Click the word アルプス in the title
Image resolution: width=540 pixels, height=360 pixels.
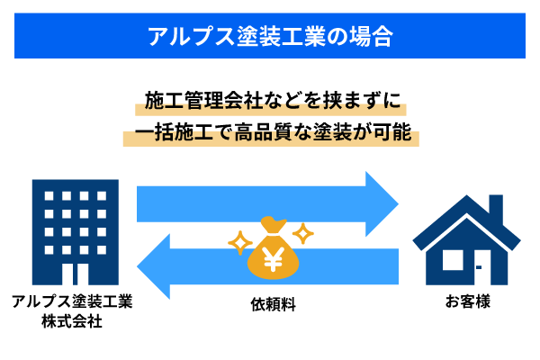(x=180, y=36)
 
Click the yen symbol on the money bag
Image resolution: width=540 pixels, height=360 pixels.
(x=273, y=258)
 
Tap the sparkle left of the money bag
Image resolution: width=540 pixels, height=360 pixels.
(x=239, y=242)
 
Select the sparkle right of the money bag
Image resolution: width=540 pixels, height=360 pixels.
(x=303, y=233)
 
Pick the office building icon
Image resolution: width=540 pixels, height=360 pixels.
(x=75, y=232)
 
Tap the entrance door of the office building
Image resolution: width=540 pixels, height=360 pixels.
(x=75, y=274)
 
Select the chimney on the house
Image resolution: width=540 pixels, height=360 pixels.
(x=495, y=209)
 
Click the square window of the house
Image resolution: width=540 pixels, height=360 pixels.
(x=452, y=260)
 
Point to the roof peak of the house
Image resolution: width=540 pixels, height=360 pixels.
(x=466, y=199)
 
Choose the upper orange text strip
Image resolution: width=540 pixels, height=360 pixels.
(x=270, y=106)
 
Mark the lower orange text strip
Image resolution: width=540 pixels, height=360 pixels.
(x=270, y=137)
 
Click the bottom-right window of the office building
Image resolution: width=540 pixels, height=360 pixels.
(x=102, y=249)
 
